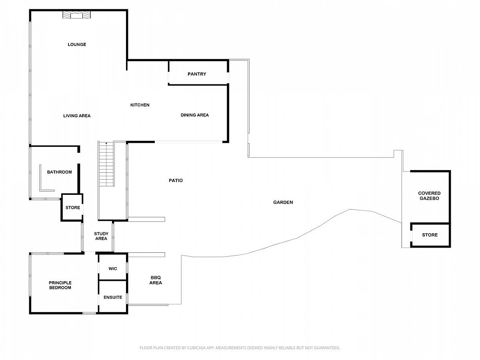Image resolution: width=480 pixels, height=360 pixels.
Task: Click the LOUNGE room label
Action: point(77,44)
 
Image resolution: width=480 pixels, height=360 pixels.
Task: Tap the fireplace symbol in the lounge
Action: point(76,15)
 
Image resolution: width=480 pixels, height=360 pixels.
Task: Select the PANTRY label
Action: point(197,74)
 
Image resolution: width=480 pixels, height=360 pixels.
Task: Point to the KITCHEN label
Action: point(140,105)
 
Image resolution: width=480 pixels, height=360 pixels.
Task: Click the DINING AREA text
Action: point(195,115)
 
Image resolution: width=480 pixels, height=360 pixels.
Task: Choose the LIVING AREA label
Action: point(77,116)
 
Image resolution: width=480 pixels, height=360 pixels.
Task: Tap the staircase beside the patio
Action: point(106,164)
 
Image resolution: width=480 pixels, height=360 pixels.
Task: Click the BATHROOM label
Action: point(60,172)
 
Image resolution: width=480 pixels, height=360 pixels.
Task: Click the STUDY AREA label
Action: point(101,236)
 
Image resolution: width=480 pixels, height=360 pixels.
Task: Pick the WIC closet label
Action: point(113,269)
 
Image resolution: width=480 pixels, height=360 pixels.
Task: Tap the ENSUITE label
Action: point(113,297)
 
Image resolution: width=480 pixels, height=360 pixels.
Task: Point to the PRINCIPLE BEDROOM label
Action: point(60,285)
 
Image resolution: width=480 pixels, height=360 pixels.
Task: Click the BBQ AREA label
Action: point(156,280)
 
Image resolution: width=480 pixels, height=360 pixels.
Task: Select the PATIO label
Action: point(176,180)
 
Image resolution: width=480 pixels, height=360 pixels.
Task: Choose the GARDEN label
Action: point(283,202)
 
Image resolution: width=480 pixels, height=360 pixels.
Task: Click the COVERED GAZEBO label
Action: point(429,196)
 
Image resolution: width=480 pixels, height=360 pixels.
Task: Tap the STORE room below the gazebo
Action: point(430,235)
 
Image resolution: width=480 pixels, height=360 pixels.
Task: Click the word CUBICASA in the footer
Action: point(196,348)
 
